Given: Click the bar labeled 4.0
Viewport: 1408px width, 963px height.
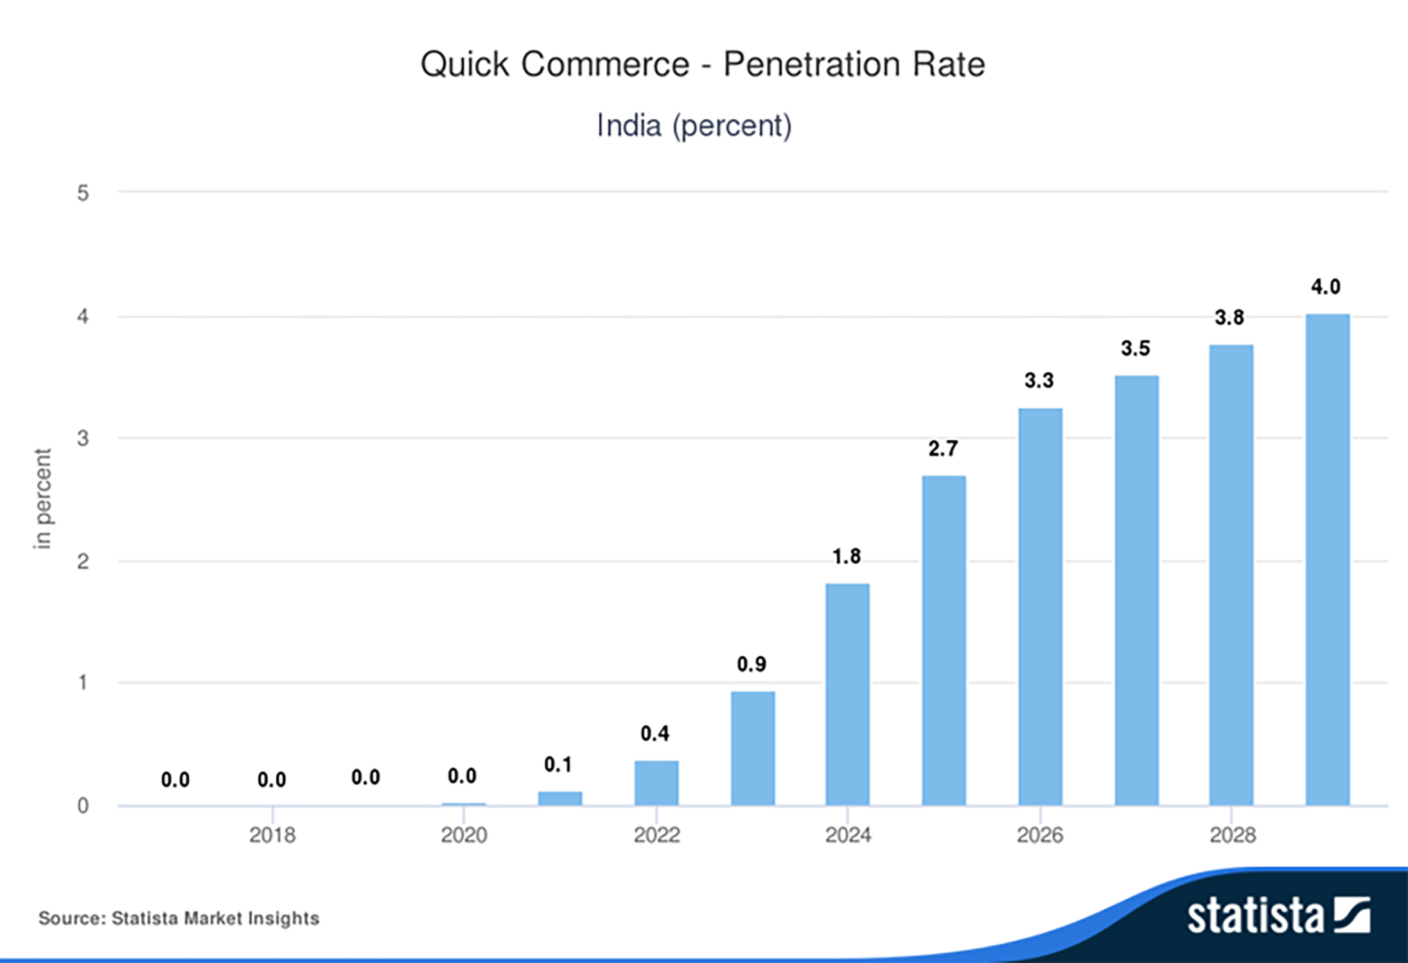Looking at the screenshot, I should coord(1327,559).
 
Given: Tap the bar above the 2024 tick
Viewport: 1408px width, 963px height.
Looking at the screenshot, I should coord(847,694).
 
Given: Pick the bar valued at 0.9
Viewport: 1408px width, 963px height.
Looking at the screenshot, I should coord(752,748).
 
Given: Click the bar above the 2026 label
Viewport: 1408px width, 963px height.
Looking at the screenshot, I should coord(1040,606).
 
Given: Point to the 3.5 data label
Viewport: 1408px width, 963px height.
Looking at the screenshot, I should coord(1135,349).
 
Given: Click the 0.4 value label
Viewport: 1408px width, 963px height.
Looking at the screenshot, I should coord(655,733).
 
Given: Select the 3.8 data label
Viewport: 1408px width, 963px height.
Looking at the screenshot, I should coord(1229,317).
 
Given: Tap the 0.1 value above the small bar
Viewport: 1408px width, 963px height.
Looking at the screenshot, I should coord(558,764).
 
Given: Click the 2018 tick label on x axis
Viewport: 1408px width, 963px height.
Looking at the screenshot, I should coord(272,835).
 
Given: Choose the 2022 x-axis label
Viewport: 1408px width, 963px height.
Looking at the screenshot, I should coord(656,835).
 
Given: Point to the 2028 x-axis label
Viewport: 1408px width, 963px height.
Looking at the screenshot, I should coord(1232,835).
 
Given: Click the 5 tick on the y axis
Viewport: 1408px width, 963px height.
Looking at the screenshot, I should coord(83,193).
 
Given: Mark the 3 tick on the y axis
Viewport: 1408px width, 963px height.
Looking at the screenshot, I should coord(83,438).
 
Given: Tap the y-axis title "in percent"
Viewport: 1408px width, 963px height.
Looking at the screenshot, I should coord(42,498).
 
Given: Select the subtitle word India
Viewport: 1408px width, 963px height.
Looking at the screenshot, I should coord(629,125).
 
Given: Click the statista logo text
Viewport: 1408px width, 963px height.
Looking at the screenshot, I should coord(1255,916).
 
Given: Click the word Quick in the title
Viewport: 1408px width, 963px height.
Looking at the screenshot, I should coord(465,64).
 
